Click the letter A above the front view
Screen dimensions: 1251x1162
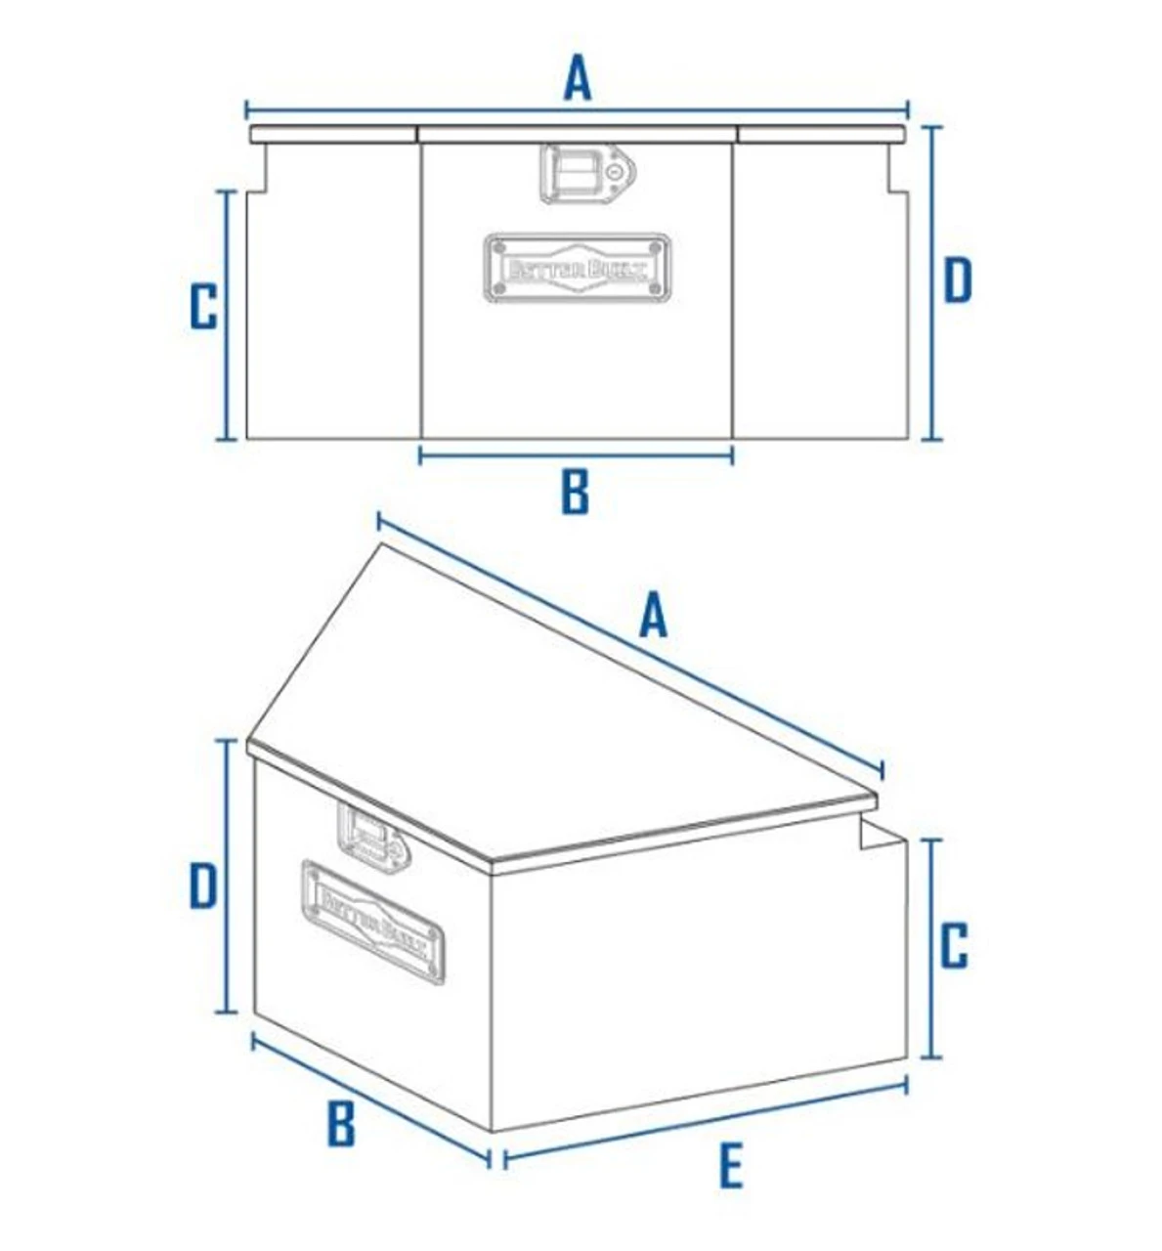point(578,79)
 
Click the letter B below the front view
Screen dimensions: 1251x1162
point(576,493)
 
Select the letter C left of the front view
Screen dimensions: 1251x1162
point(203,307)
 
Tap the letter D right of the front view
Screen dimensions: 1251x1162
point(958,280)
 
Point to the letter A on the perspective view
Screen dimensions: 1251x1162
point(653,618)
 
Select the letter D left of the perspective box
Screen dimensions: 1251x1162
point(202,887)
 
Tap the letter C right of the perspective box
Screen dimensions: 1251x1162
point(954,946)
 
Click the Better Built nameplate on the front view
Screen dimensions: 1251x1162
point(577,267)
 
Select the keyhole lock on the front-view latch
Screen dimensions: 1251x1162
point(615,172)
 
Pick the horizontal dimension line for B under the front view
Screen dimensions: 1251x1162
point(576,453)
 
